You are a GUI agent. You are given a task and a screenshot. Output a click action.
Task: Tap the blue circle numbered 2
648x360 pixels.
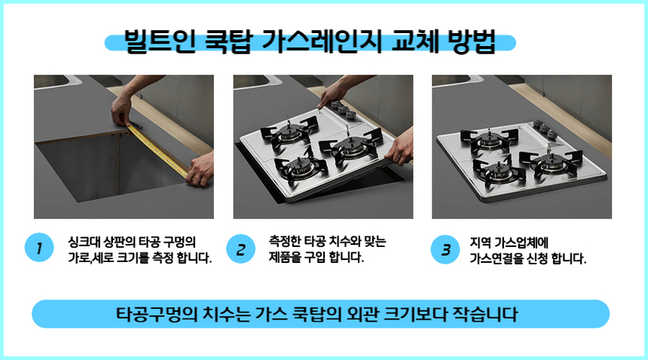tap(240, 249)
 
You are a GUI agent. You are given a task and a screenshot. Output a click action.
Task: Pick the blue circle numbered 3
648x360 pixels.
tap(445, 249)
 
